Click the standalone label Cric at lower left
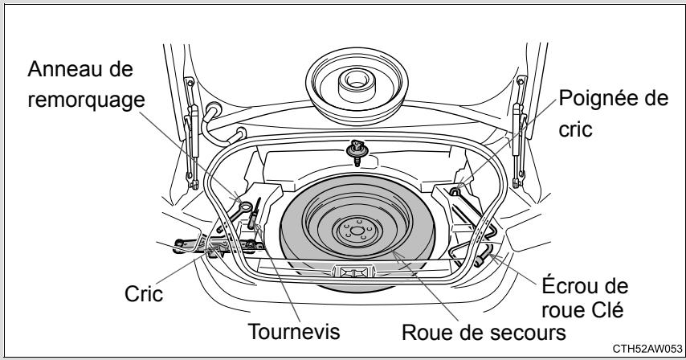point(143,294)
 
